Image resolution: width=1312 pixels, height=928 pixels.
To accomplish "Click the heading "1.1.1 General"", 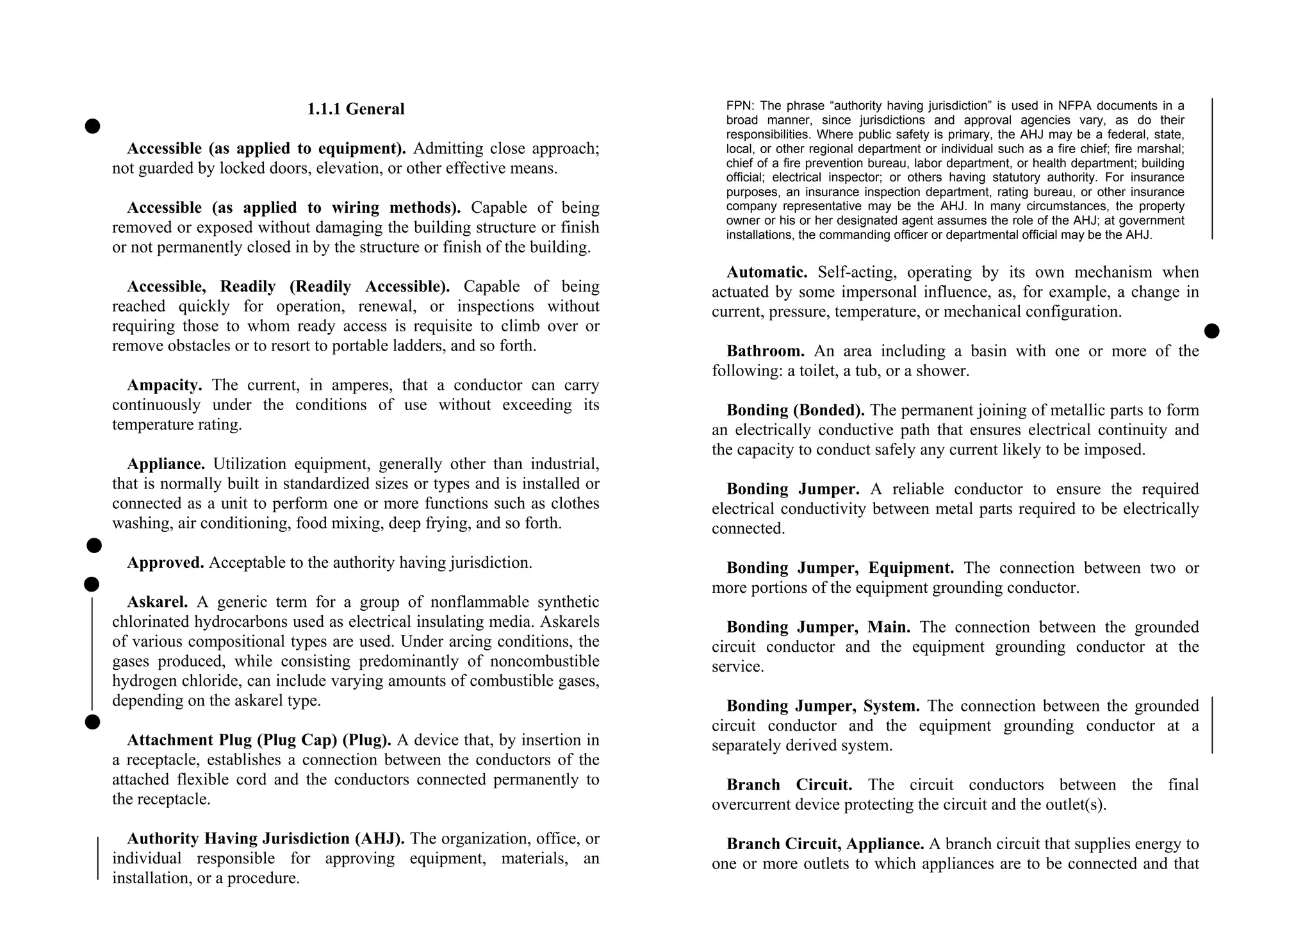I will (x=356, y=110).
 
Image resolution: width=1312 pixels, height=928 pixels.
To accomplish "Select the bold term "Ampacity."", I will (x=165, y=385).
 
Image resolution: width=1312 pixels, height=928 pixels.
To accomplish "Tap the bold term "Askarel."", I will (x=158, y=602).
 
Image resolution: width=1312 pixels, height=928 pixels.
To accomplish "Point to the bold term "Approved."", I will (x=165, y=563).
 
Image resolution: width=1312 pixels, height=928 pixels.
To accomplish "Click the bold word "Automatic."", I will (x=767, y=272).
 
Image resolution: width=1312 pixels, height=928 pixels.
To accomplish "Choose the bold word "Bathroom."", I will (x=766, y=351).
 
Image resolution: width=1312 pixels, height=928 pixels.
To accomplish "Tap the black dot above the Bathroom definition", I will (x=1211, y=331).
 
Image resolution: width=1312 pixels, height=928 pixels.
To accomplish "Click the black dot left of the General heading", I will (x=92, y=126).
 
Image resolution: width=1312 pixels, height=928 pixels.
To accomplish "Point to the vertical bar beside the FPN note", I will (x=1212, y=169).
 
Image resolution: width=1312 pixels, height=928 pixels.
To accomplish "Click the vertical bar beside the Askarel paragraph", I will (x=92, y=654).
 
